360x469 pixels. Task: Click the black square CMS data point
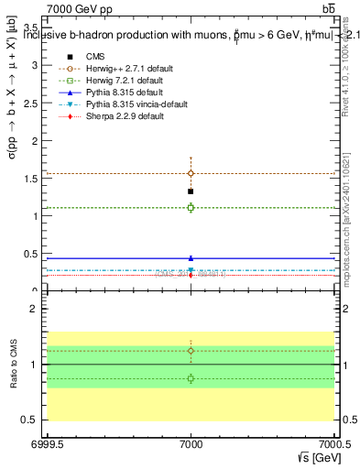click(191, 191)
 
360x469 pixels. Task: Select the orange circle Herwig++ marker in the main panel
click(191, 173)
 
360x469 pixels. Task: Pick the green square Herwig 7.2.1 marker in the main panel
click(191, 208)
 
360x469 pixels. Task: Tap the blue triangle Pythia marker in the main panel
click(191, 258)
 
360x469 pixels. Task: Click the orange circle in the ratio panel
click(191, 351)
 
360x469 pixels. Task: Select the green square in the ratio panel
click(191, 378)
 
